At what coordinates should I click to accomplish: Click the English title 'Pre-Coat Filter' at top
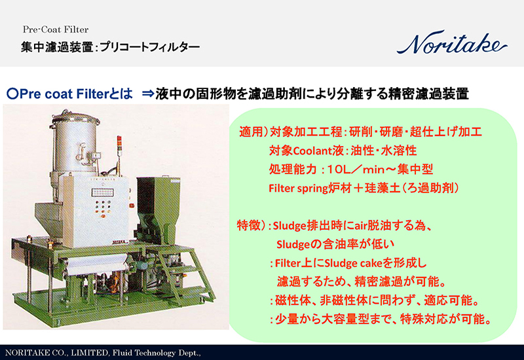(x=56, y=29)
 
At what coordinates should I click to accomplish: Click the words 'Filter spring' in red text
(x=297, y=188)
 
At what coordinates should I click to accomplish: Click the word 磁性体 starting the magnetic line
(x=292, y=302)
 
